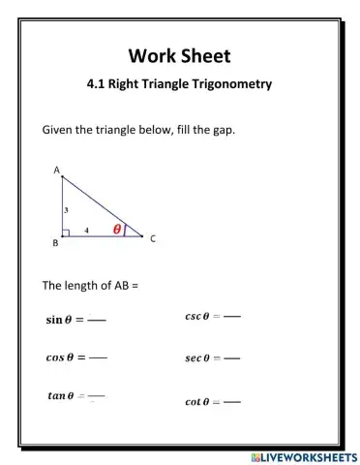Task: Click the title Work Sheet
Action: coord(179,55)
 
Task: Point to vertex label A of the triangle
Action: coord(56,170)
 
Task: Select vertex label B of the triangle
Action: coord(55,243)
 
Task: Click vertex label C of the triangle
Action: coord(152,238)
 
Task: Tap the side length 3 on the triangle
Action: coord(65,208)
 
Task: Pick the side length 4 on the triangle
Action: coord(86,231)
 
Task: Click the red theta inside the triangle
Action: coord(118,230)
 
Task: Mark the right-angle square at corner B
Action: coord(65,232)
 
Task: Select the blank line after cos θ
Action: coord(98,357)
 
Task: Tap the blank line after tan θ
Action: coord(96,395)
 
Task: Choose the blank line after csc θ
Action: coord(232,316)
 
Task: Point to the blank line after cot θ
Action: coord(232,401)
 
